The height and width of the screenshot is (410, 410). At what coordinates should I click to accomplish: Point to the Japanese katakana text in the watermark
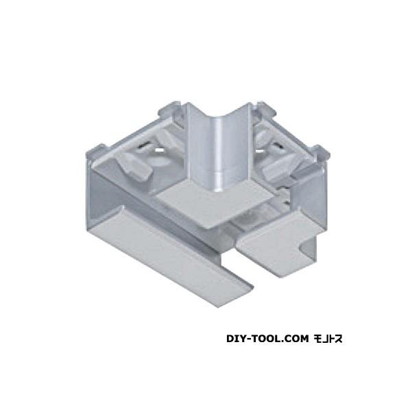point(328,339)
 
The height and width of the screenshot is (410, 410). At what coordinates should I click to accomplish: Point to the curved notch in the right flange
point(308,245)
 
